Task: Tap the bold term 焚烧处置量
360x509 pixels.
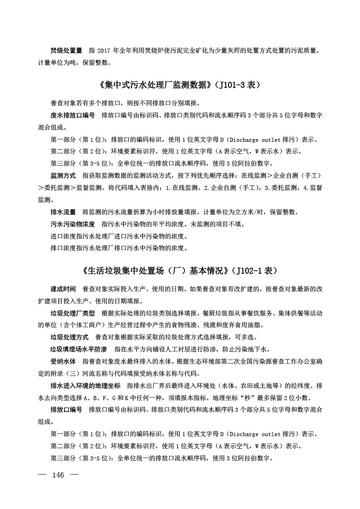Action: point(66,51)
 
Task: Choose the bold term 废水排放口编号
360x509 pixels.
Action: point(72,116)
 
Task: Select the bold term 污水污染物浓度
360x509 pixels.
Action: point(72,224)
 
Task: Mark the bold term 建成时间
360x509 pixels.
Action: point(63,289)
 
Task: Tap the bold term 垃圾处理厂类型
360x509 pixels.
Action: point(72,313)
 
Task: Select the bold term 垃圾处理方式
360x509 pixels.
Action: point(69,337)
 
